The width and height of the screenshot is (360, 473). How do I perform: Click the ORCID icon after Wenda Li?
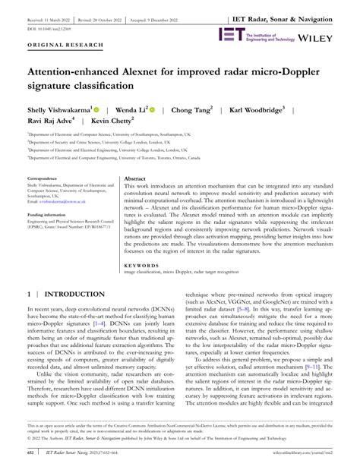click(153, 109)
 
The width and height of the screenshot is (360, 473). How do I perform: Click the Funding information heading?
click(48, 215)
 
